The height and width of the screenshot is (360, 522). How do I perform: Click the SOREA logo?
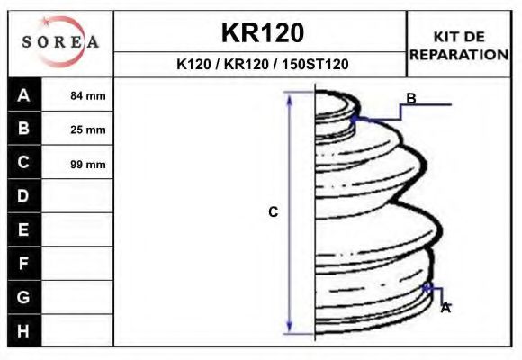click(61, 42)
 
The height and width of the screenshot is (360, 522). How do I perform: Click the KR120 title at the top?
click(262, 33)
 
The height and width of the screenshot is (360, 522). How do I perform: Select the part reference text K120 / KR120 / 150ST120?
click(262, 65)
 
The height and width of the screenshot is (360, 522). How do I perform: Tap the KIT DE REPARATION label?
click(459, 45)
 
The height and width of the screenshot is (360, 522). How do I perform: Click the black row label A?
click(24, 95)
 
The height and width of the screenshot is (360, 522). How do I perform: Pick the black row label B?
click(24, 129)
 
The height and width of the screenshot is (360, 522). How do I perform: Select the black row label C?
click(24, 163)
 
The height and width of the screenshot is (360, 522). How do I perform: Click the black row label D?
click(24, 196)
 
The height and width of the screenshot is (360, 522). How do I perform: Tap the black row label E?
click(24, 230)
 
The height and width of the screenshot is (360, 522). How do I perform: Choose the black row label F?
click(24, 264)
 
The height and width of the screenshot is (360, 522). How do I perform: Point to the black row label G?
click(24, 297)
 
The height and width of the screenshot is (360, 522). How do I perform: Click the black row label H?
click(24, 330)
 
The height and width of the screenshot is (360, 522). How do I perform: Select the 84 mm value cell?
click(87, 95)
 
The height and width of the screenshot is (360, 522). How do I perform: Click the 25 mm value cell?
click(87, 130)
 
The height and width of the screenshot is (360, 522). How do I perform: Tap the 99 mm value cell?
click(87, 164)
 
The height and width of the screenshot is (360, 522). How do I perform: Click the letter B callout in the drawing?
click(411, 98)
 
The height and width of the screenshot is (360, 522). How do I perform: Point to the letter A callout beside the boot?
click(445, 307)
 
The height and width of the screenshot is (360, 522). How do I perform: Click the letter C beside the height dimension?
click(274, 212)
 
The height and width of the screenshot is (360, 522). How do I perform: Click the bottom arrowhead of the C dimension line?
click(290, 328)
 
